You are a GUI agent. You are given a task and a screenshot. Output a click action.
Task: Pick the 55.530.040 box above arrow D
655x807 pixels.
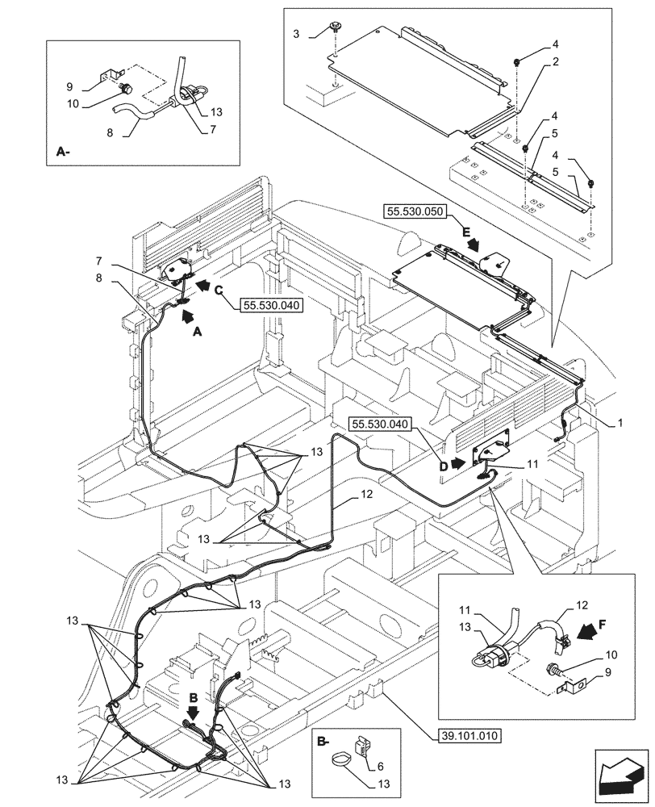pos(381,424)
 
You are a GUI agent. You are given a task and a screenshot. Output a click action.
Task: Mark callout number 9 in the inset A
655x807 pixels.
pos(69,86)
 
